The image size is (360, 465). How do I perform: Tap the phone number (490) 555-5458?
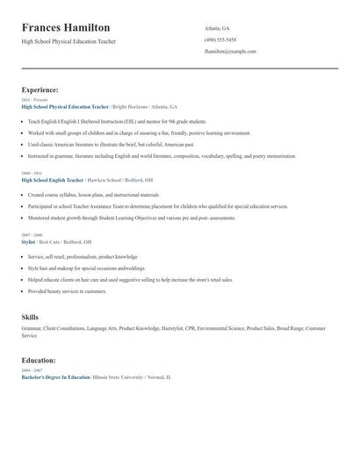(220, 39)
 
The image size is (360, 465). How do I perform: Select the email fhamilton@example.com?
(230, 51)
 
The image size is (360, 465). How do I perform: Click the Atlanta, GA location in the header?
(217, 28)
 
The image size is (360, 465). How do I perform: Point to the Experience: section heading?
(40, 89)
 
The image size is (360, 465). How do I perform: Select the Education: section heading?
(39, 360)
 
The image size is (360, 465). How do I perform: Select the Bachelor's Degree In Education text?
(55, 376)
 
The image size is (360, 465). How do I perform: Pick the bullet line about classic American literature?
(112, 144)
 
